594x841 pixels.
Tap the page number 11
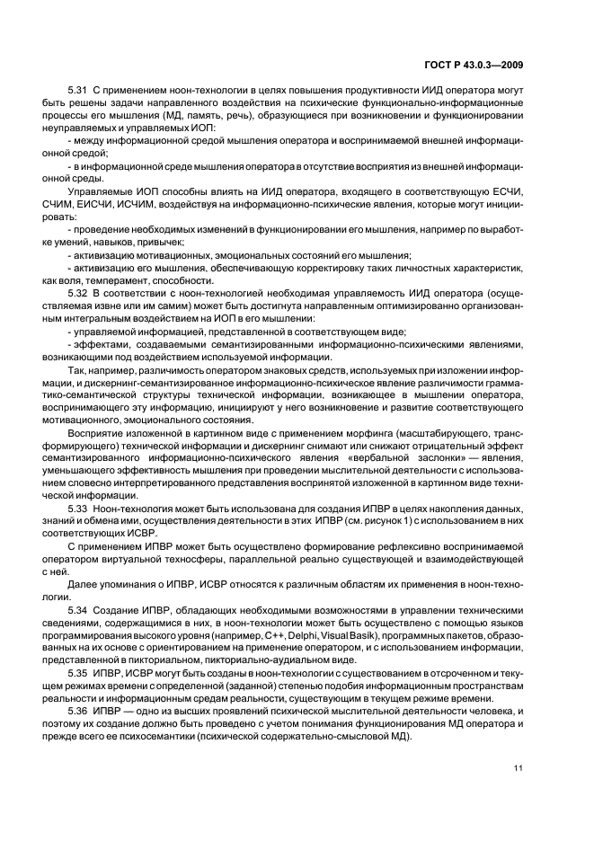click(519, 767)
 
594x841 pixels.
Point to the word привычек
click(164, 243)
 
